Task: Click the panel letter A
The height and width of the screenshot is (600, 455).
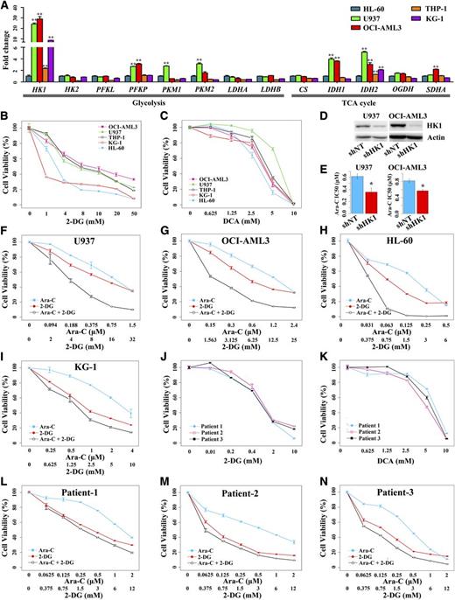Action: coord(5,6)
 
